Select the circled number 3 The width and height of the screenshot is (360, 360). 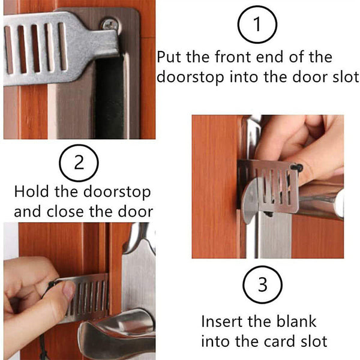pyautogui.click(x=262, y=285)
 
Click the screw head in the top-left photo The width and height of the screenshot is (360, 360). pyautogui.click(x=110, y=25)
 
